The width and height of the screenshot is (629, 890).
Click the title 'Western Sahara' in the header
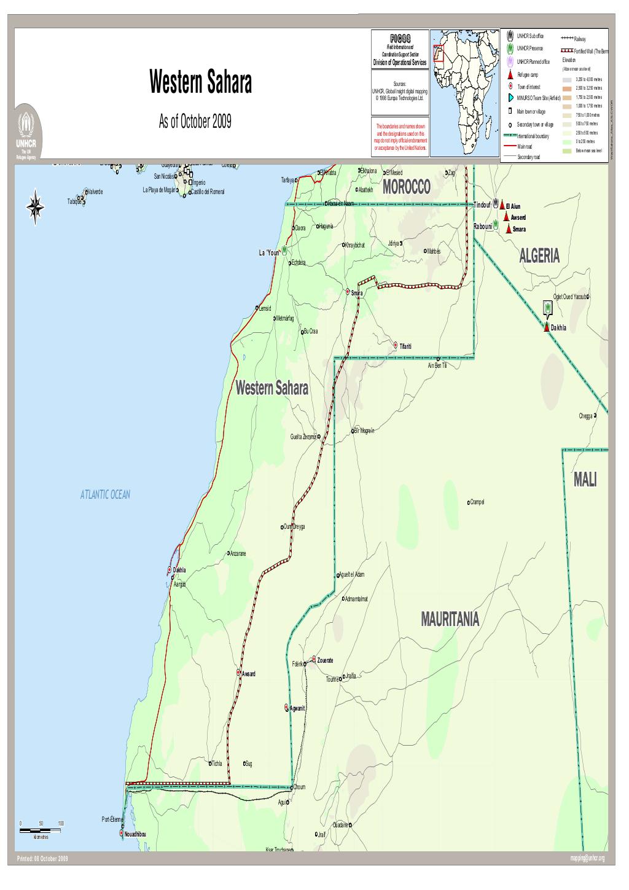tap(200, 84)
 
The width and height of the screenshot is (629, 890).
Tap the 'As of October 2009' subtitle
tap(195, 122)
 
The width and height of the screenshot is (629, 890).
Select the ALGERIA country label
tap(539, 257)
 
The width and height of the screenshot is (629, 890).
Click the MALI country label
tap(585, 480)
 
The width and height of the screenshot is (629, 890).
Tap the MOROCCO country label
tap(406, 188)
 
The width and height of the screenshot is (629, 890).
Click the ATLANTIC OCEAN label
tap(105, 494)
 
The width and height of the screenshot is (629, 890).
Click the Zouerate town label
tap(325, 660)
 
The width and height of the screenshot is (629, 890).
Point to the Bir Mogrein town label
tap(365, 431)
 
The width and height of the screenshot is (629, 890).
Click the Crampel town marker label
tap(477, 502)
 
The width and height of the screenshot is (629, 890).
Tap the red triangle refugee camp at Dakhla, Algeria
tap(546, 327)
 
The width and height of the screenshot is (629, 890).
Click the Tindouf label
tap(483, 205)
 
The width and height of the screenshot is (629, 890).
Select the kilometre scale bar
tap(41, 830)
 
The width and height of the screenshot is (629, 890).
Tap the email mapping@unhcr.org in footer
tap(587, 859)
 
